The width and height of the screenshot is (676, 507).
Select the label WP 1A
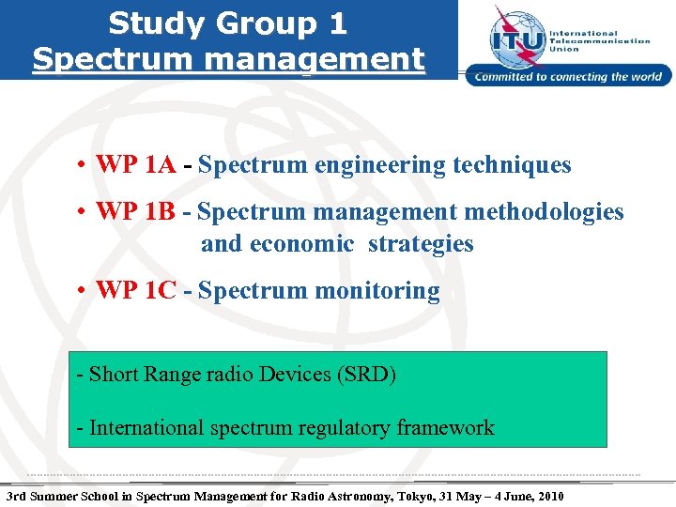136,165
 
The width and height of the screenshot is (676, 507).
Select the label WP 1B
135,212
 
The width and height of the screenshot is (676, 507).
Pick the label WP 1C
136,291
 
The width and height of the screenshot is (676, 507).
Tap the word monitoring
376,291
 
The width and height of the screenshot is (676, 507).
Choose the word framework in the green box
445,428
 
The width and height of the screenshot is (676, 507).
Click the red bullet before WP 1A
84,166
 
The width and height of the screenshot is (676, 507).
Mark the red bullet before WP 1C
84,292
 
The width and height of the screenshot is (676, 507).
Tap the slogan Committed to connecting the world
569,77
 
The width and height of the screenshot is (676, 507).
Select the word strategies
421,244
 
